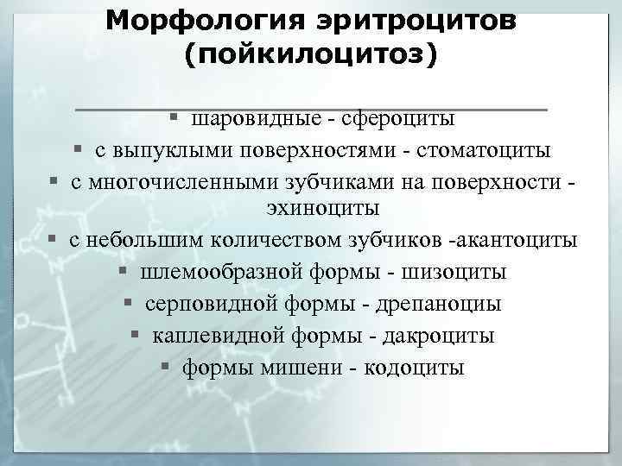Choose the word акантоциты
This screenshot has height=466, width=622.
(523, 240)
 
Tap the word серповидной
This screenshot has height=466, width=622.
(200, 305)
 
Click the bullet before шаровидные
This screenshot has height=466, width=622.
(174, 116)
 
